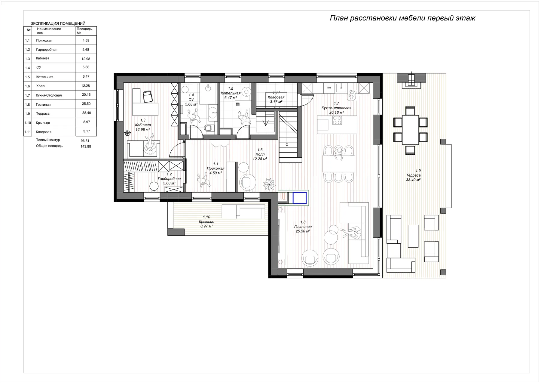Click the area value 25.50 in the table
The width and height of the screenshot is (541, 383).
86,104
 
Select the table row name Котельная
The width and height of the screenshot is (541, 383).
44,77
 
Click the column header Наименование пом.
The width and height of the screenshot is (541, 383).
49,31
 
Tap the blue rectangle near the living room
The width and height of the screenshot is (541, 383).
299,198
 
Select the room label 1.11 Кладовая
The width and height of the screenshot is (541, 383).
276,97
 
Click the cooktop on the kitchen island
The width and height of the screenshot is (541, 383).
337,120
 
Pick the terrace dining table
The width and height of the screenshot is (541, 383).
410,130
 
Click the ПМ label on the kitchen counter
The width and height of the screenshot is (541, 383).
329,88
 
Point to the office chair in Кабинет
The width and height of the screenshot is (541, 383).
148,97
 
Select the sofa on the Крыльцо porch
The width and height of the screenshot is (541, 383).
243,211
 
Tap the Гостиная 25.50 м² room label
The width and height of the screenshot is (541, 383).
303,227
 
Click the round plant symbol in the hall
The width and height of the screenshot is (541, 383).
269,184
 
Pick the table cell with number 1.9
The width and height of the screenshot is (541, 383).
28,114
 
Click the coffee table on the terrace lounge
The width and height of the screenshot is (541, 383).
413,236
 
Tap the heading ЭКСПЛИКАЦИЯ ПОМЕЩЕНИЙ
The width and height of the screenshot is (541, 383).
58,23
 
